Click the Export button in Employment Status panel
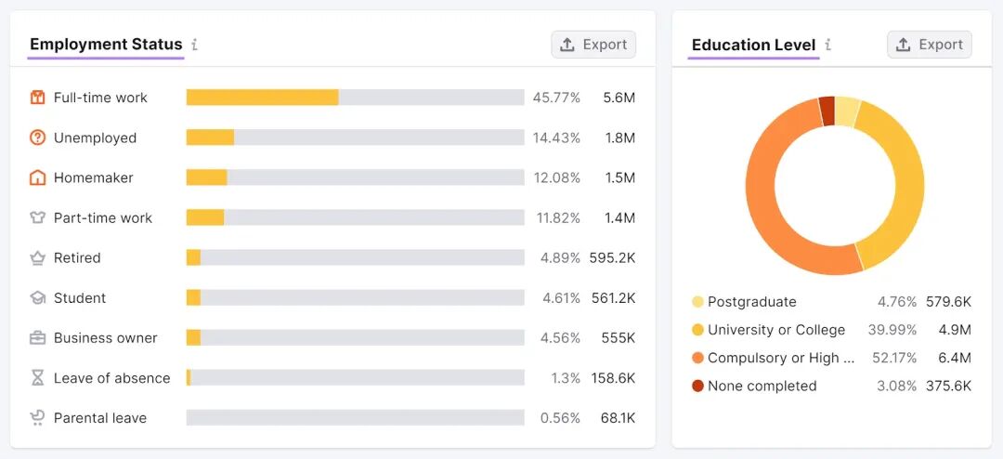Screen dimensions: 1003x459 click(593, 45)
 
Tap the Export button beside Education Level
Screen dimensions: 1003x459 click(930, 45)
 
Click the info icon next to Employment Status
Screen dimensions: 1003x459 click(194, 45)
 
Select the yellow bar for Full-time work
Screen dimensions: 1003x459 click(262, 98)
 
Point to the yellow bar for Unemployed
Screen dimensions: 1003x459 click(211, 138)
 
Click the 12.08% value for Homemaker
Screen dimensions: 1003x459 click(557, 178)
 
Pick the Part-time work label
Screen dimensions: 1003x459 click(103, 218)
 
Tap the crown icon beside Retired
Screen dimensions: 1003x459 click(38, 258)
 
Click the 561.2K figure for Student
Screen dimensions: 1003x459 click(612, 298)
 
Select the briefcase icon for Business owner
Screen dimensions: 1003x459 click(38, 338)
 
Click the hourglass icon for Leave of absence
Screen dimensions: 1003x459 click(38, 377)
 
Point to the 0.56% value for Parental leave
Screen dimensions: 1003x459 click(560, 418)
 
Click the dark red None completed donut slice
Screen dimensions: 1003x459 click(827, 111)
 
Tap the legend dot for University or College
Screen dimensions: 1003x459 click(697, 330)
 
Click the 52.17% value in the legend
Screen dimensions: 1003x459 click(894, 358)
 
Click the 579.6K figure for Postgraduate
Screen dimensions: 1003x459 click(948, 302)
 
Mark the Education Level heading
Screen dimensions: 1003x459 click(753, 45)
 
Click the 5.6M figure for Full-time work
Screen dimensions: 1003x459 click(619, 98)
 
